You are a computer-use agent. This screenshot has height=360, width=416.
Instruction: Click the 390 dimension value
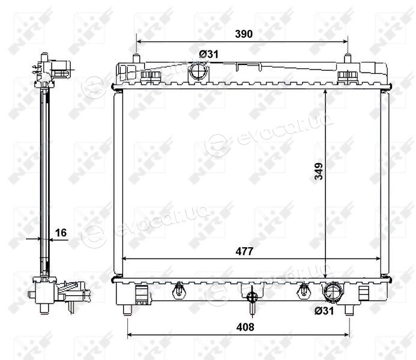coord(244,34)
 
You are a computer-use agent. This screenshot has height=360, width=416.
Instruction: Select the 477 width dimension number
coord(244,251)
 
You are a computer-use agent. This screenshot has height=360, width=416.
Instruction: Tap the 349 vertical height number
coord(319,171)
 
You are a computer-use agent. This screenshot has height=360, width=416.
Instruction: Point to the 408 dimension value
coord(245,327)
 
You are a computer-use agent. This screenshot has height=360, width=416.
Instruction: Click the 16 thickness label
coord(61,232)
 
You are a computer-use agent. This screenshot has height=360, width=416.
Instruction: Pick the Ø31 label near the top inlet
coord(208,54)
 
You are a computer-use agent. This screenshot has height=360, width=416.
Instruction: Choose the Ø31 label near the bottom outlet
coord(324,311)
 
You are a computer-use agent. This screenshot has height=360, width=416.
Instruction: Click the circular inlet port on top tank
coord(199,71)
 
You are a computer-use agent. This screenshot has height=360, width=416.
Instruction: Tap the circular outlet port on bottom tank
coord(331,292)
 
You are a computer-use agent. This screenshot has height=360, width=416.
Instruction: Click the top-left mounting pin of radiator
coord(136,58)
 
